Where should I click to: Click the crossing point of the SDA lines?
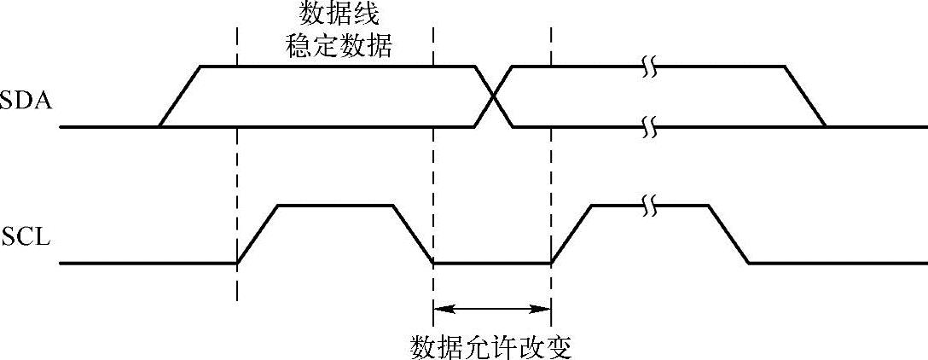pyautogui.click(x=493, y=97)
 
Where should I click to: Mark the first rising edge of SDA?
pyautogui.click(x=179, y=97)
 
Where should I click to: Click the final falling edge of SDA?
pyautogui.click(x=805, y=97)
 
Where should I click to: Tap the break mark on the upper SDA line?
pyautogui.click(x=651, y=67)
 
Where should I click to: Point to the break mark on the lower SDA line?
pyautogui.click(x=651, y=128)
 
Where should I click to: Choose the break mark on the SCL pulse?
pyautogui.click(x=651, y=206)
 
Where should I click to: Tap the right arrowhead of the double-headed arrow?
pyautogui.click(x=545, y=309)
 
